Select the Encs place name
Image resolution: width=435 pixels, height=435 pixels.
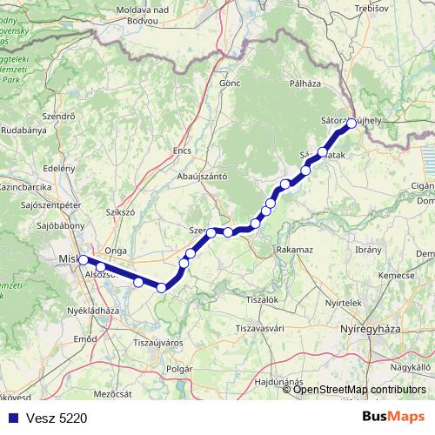tap(182, 150)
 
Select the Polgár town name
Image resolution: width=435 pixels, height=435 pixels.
tap(177, 369)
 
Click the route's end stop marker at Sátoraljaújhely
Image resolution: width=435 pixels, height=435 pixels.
tap(351, 124)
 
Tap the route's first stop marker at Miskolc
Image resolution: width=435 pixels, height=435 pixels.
tap(83, 259)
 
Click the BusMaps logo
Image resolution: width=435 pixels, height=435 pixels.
tap(394, 418)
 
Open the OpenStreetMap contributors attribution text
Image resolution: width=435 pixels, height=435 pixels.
tap(360, 389)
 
